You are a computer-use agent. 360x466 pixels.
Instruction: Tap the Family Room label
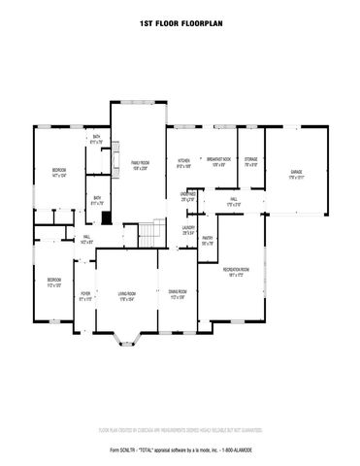coord(140,164)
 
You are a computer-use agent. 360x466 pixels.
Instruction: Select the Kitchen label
coord(183,163)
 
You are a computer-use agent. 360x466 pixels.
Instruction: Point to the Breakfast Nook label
coord(218,161)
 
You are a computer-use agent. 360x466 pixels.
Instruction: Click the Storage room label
coord(251,161)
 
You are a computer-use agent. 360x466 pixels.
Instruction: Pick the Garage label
coord(296,174)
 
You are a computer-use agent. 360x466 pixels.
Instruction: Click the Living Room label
coord(127,295)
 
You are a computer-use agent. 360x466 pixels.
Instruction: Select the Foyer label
coord(85,295)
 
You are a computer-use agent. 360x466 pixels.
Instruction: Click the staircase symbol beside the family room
coord(146,234)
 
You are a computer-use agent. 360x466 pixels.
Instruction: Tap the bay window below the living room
coord(127,339)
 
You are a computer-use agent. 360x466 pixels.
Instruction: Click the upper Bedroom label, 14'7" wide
coord(58,173)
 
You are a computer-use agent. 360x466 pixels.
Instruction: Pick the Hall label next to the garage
coord(234,201)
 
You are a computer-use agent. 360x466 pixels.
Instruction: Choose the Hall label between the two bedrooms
coord(86,238)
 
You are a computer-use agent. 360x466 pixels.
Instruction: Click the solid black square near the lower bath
coord(108,218)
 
